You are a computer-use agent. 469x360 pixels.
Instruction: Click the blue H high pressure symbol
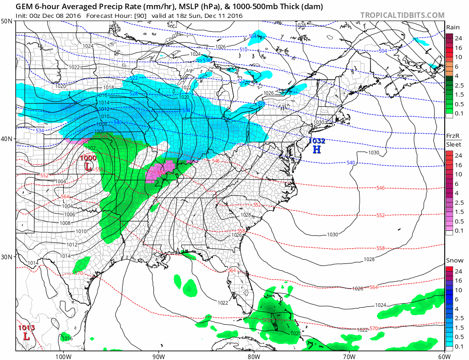(316, 149)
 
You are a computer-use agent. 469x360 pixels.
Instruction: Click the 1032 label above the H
(317, 141)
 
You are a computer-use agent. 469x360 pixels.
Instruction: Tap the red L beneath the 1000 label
(88, 167)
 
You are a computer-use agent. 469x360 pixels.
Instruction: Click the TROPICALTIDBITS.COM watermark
(402, 15)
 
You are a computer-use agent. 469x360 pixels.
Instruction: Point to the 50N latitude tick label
(7, 21)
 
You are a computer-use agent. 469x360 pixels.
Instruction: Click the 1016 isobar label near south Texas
(67, 338)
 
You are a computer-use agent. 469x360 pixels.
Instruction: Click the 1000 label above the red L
(88, 158)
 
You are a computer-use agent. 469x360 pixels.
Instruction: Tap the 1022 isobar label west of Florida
(223, 302)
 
